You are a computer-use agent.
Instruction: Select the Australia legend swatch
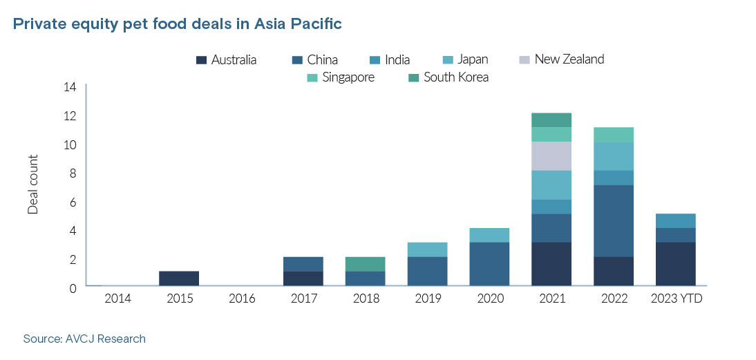point(201,60)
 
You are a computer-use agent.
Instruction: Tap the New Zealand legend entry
point(561,59)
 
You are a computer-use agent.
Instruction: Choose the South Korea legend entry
point(448,77)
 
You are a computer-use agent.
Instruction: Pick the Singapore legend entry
point(340,77)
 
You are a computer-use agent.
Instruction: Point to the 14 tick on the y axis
point(69,87)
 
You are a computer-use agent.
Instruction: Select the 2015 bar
point(179,278)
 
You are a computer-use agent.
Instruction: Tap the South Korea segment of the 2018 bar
point(366,264)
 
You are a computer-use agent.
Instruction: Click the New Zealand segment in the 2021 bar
point(551,155)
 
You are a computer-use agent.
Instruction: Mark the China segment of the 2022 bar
point(614,220)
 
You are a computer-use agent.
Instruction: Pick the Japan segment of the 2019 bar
point(427,249)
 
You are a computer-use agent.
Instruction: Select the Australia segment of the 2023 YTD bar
point(675,263)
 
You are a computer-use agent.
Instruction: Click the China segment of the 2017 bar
point(303,264)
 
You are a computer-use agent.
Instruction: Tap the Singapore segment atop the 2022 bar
point(614,134)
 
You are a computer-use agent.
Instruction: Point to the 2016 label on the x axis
point(241,299)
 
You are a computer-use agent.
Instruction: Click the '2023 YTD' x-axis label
point(675,299)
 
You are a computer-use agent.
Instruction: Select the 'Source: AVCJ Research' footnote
point(84,339)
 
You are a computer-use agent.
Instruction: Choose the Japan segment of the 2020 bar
point(489,235)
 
